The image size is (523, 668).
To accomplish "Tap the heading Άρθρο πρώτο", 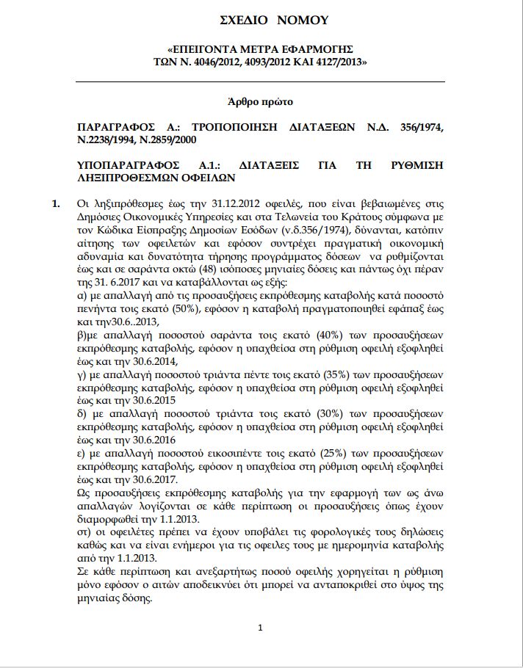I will coord(264,101).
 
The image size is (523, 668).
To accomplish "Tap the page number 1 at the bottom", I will coord(260,628).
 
